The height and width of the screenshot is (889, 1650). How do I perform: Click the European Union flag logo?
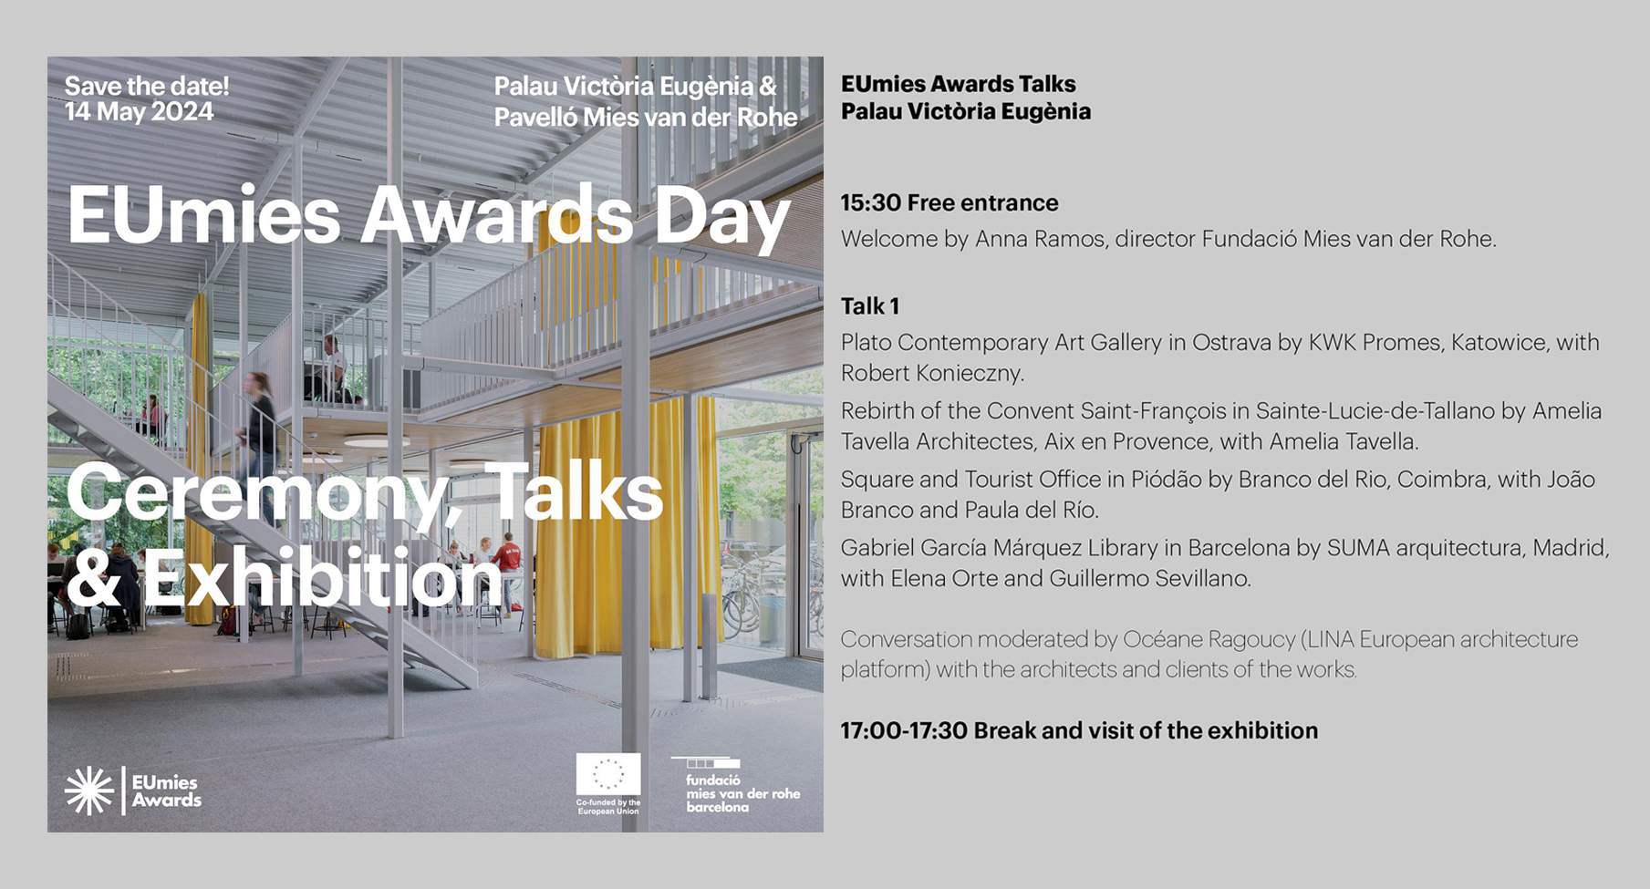[x=608, y=774]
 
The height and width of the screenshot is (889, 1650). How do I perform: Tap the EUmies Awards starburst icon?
[x=89, y=790]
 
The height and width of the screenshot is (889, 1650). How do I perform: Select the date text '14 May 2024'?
[x=139, y=112]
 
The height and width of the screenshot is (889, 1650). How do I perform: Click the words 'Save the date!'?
[x=147, y=87]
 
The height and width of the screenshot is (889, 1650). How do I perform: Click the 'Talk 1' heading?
[x=870, y=305]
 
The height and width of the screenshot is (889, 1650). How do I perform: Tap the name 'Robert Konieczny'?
[x=931, y=373]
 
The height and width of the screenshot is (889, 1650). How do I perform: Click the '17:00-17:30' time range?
[x=904, y=730]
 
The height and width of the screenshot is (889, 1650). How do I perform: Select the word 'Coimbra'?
[x=1440, y=480]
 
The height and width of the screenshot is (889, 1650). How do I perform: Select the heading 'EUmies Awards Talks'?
[x=958, y=84]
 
